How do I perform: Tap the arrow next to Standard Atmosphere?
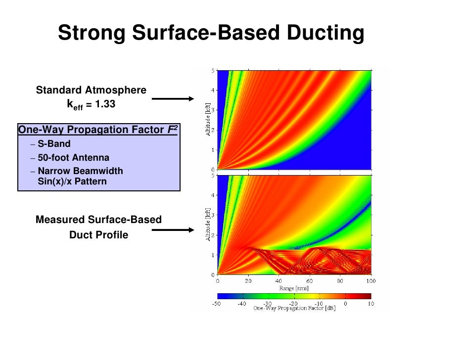[173, 99]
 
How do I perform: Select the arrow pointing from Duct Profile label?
[173, 229]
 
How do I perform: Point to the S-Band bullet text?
[54, 144]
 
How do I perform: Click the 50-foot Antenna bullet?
[73, 158]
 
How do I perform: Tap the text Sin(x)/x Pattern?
[72, 181]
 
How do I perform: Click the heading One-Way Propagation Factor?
[94, 130]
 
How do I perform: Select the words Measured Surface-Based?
[98, 219]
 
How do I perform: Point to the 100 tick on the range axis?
[370, 280]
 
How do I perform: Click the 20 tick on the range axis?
[248, 280]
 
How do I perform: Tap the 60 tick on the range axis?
[309, 280]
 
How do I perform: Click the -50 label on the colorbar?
[216, 303]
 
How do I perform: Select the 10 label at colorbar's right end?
[370, 303]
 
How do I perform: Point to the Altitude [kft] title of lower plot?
[209, 225]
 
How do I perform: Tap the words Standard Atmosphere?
[91, 90]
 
